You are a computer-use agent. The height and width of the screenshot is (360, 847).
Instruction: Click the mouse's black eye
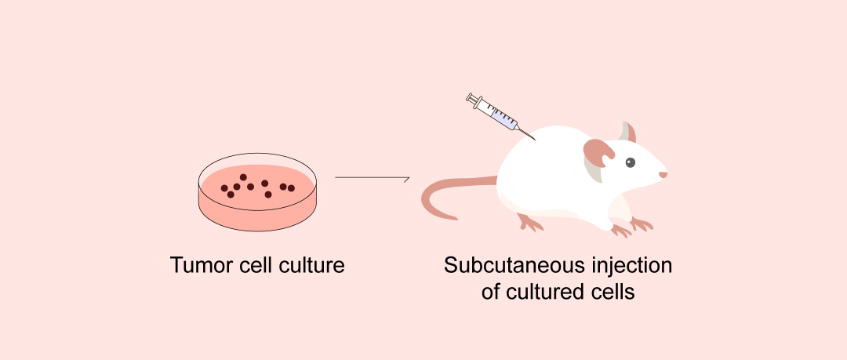click(x=630, y=163)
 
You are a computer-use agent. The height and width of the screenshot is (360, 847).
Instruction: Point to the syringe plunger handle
click(x=472, y=98)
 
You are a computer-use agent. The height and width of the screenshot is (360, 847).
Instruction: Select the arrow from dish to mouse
click(x=373, y=178)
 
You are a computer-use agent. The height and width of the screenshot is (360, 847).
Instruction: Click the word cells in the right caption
click(x=612, y=292)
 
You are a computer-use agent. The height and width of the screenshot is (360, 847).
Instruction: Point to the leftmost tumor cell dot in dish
click(x=224, y=188)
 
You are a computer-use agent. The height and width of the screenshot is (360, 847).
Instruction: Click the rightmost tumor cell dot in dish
click(x=292, y=188)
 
